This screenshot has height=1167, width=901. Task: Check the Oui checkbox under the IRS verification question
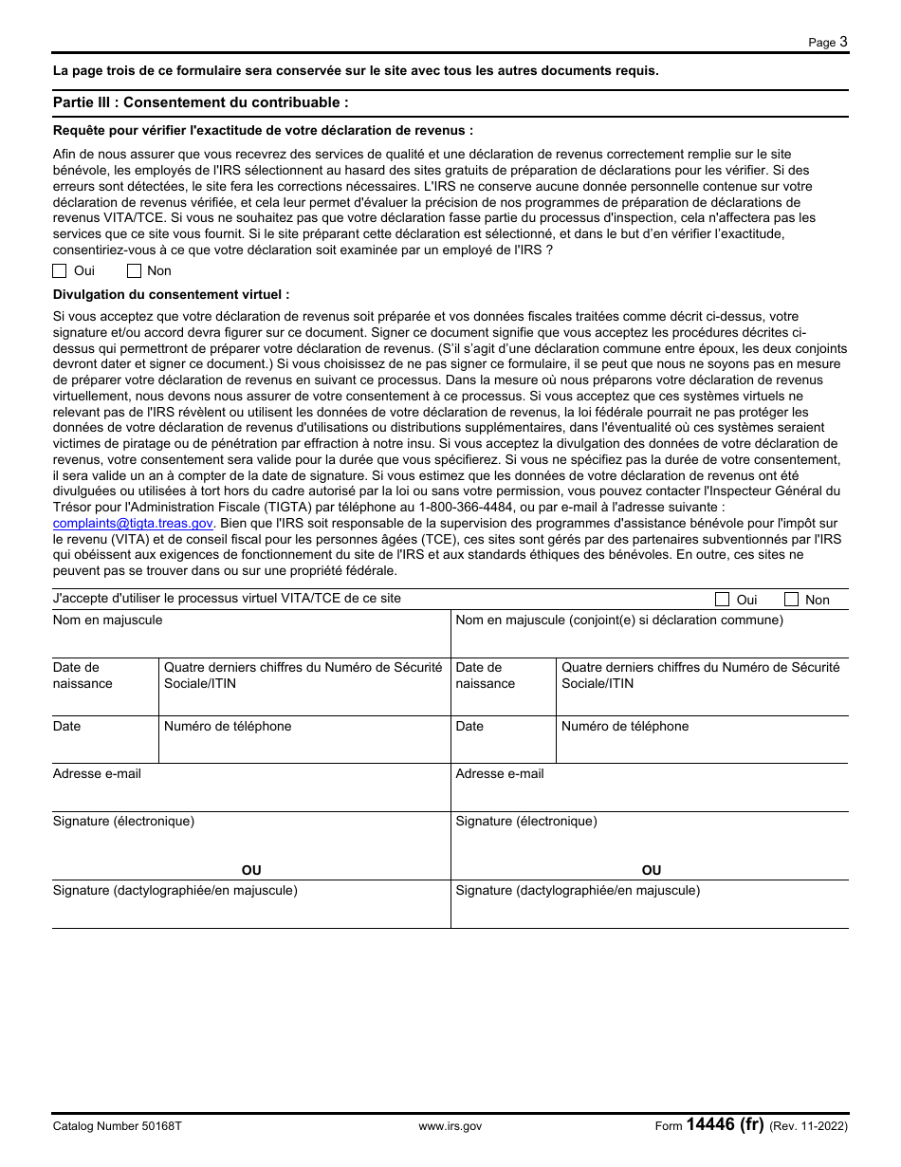pos(60,270)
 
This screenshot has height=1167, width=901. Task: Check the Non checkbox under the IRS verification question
pos(134,270)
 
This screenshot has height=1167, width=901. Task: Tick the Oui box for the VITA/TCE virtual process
pos(722,600)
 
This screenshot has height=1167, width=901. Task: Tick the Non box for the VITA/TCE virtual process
pos(791,600)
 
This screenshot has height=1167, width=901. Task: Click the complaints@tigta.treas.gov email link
pos(133,523)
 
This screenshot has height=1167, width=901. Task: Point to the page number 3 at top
pos(843,42)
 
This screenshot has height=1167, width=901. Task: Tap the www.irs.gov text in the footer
pos(450,1126)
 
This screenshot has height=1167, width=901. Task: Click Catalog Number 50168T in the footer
pos(117,1126)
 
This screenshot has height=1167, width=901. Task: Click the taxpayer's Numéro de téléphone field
pos(303,746)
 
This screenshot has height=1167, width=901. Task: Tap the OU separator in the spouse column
pos(652,870)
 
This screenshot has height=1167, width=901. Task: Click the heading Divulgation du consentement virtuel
pos(171,295)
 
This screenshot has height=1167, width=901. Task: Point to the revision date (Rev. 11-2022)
pos(808,1126)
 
